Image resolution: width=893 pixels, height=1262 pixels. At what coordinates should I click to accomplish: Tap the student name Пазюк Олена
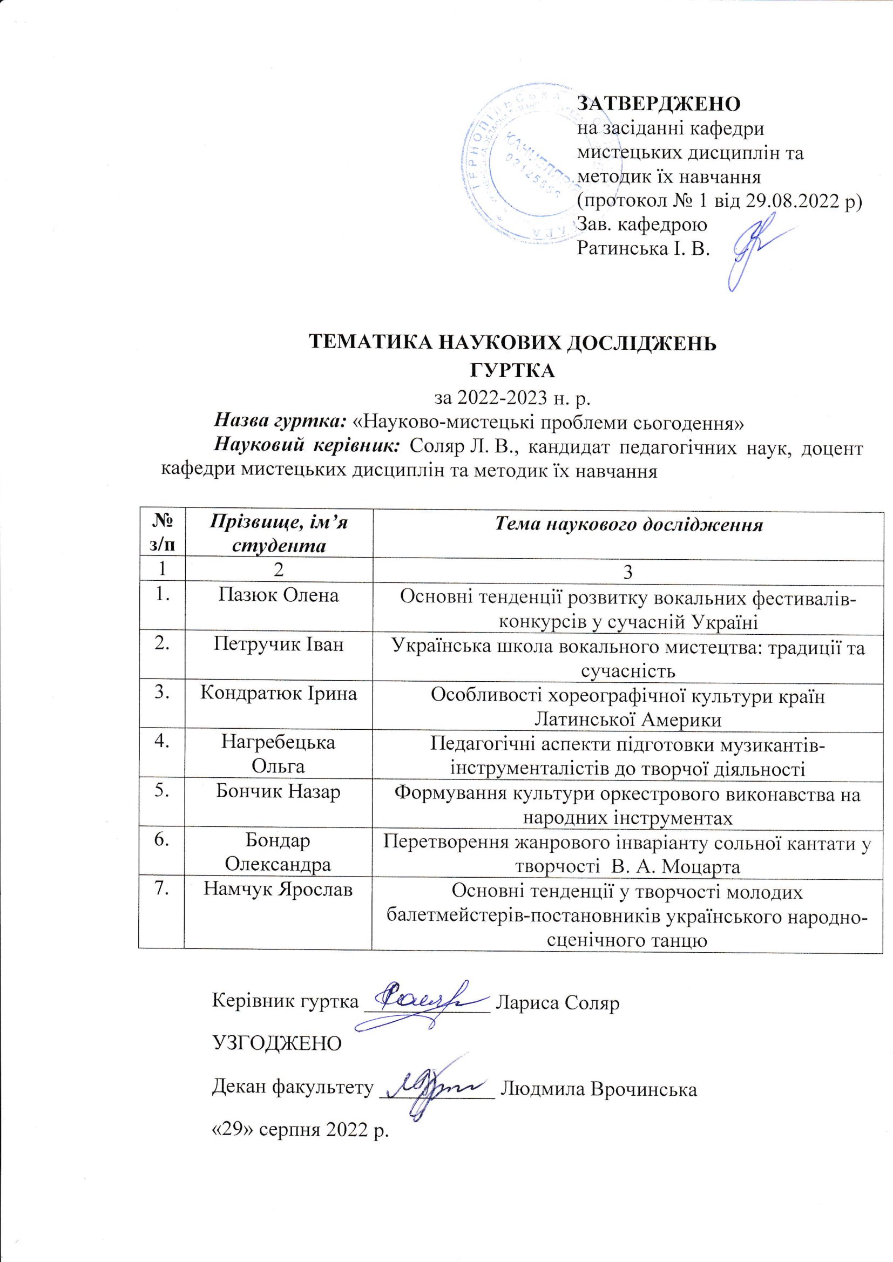[278, 595]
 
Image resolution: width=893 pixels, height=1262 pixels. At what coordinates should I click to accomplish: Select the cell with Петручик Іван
[278, 643]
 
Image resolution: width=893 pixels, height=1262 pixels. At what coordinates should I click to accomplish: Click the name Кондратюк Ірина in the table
[278, 693]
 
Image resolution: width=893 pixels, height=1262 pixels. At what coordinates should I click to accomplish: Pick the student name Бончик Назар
[278, 791]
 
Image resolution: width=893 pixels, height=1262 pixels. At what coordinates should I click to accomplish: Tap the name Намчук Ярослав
[278, 890]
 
